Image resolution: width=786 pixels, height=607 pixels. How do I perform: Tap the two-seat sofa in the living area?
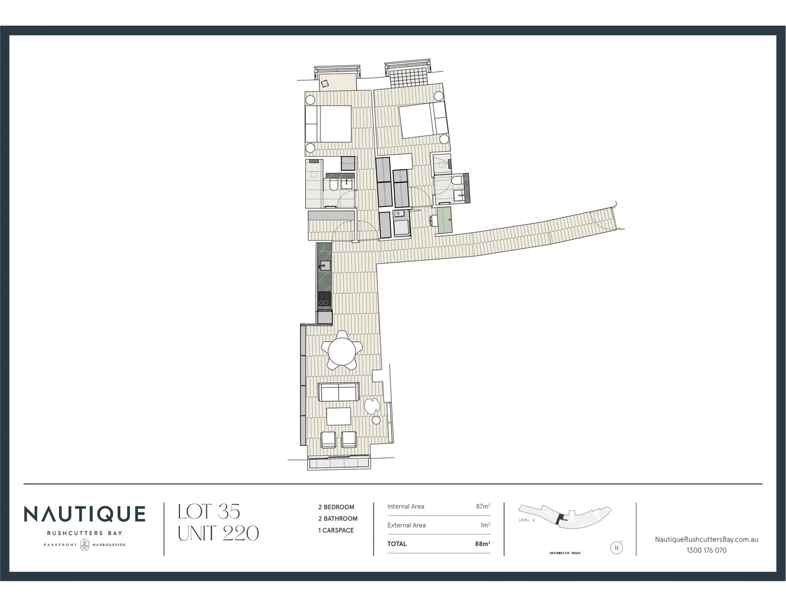pos(338,392)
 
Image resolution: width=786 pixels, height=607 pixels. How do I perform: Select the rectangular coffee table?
pos(338,416)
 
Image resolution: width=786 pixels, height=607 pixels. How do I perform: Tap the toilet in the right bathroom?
pos(457,181)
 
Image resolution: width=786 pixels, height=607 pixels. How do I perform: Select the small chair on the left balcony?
pos(324,84)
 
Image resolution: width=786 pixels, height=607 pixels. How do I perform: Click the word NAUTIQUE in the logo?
pos(84,514)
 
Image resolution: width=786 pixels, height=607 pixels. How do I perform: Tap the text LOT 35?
pos(209,511)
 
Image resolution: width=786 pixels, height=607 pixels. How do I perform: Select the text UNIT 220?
pos(218,533)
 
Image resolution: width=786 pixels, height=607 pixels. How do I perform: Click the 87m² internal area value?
pos(482,506)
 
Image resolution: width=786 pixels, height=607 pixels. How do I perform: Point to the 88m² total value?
pos(482,543)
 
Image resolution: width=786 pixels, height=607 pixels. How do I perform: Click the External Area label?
pos(406,525)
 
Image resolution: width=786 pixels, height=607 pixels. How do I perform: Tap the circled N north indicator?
pos(617,547)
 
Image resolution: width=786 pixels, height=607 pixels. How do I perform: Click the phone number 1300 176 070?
pos(706,550)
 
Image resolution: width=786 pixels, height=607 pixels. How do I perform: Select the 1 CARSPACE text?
pos(336,530)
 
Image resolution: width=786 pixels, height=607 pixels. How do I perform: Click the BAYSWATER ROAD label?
pos(565,553)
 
